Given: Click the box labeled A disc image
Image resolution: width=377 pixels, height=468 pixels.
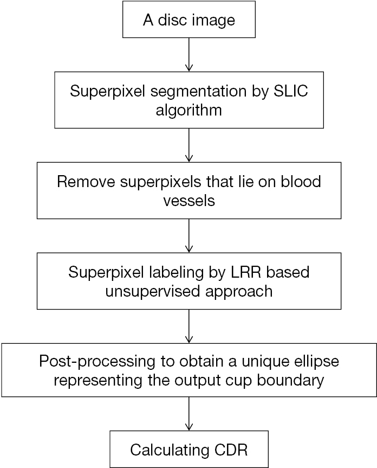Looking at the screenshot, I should tap(188, 21).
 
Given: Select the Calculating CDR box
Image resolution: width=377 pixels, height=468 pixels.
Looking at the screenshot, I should tap(188, 449).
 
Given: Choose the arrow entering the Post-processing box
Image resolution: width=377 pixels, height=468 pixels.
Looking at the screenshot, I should tap(188, 326).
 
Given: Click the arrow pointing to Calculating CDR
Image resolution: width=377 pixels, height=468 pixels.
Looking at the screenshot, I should tap(188, 414).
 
